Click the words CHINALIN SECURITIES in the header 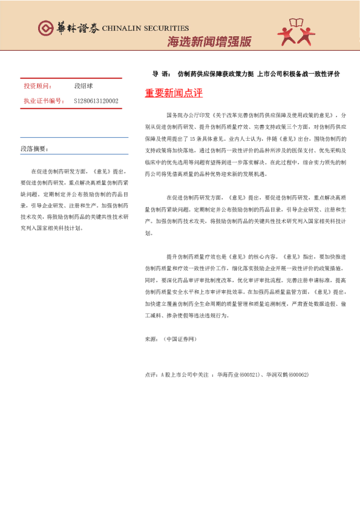pyautogui.click(x=145, y=28)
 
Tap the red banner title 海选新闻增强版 pyautogui.click(x=209, y=42)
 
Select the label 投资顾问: pyautogui.click(x=38, y=86)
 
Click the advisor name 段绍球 pyautogui.click(x=83, y=86)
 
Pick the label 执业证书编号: pyautogui.click(x=44, y=101)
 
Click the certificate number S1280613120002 pyautogui.click(x=96, y=101)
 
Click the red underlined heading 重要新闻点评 pyautogui.click(x=174, y=93)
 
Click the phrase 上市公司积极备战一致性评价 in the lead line pyautogui.click(x=299, y=74)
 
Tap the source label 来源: pyautogui.click(x=151, y=340)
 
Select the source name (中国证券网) pyautogui.click(x=180, y=340)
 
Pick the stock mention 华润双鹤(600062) pyautogui.click(x=287, y=375)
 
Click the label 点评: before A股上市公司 pyautogui.click(x=151, y=375)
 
